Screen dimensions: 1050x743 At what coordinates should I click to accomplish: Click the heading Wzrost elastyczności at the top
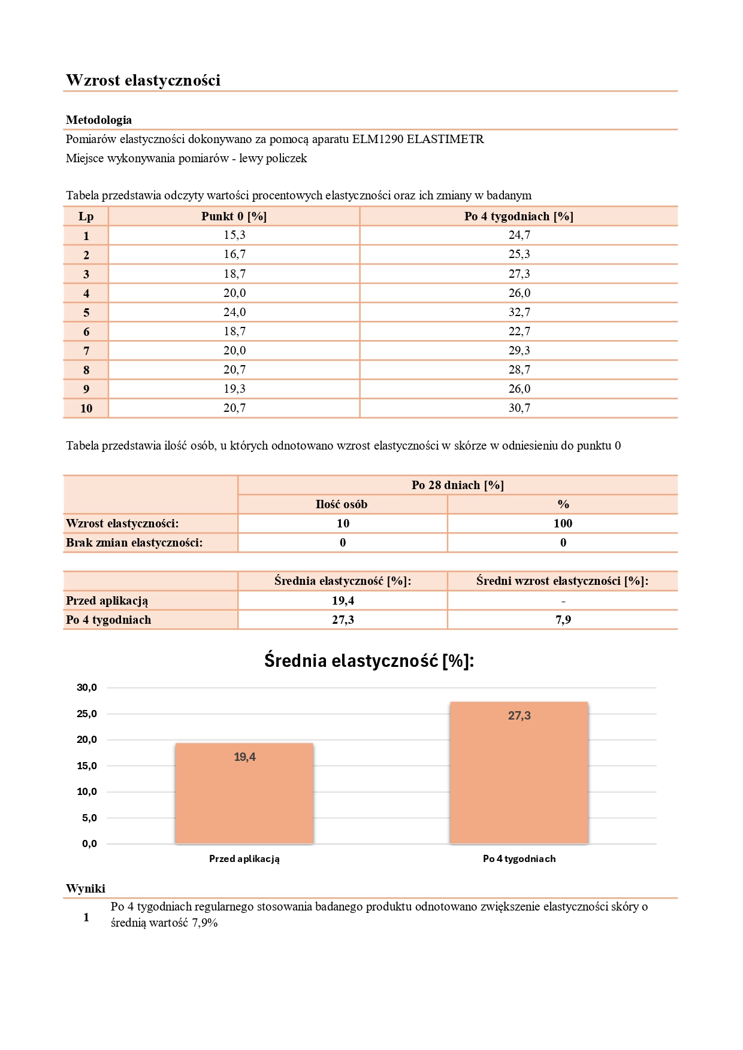(143, 80)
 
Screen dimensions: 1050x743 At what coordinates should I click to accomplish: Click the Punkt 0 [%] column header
(234, 217)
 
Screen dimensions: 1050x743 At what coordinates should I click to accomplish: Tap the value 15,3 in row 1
(234, 235)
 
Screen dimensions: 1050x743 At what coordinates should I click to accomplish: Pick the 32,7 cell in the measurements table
(519, 312)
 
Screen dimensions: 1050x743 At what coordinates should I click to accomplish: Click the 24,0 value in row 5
(234, 312)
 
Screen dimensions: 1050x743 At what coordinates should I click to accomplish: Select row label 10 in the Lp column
(86, 408)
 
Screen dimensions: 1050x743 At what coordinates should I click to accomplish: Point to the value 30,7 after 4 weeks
(519, 408)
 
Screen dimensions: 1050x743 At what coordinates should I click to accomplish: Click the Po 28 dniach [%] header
(457, 485)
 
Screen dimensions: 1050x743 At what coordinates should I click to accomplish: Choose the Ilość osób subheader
(342, 505)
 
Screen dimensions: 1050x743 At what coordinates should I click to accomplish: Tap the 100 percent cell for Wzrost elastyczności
(563, 524)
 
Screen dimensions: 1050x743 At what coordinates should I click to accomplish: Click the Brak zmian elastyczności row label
(134, 543)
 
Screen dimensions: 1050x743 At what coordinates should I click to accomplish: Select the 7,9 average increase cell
(563, 620)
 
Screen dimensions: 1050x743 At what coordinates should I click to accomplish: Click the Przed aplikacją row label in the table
(107, 601)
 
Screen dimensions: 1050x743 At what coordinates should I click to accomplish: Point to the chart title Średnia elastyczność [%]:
(369, 661)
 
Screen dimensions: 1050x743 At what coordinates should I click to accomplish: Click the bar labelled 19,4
(244, 794)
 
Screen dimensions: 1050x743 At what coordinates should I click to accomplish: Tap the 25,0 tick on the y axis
(87, 714)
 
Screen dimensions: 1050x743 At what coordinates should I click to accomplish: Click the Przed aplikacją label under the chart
(244, 859)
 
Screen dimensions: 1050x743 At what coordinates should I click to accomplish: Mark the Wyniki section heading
(86, 889)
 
